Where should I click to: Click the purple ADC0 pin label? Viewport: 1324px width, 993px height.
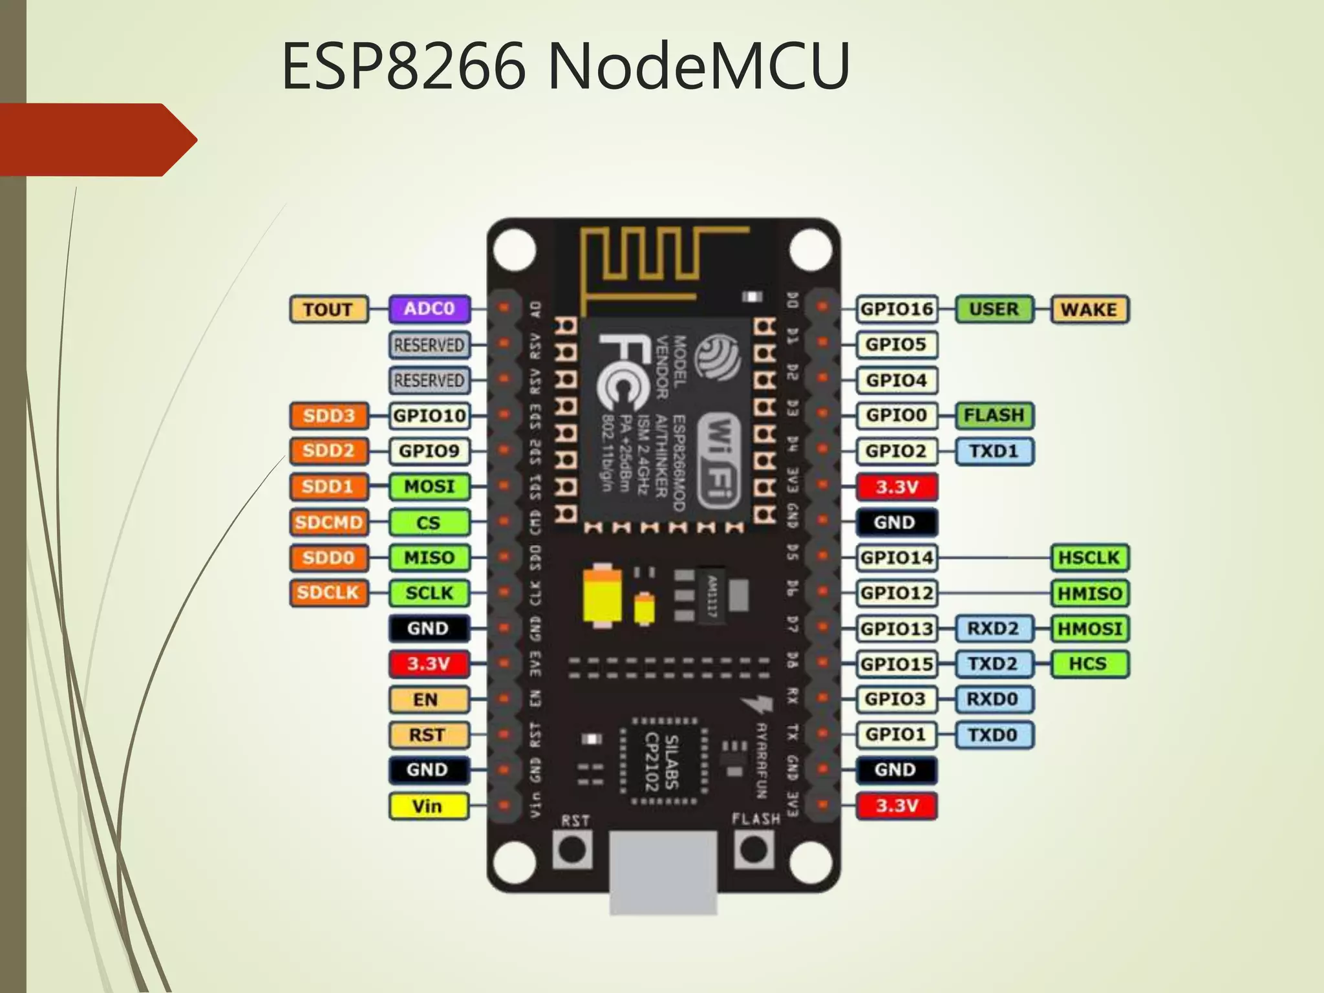pyautogui.click(x=429, y=309)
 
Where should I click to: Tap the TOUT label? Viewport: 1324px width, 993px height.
pyautogui.click(x=328, y=310)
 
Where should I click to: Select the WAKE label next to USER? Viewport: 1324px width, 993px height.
pyautogui.click(x=1089, y=310)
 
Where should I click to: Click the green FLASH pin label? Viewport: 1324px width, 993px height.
pyautogui.click(x=994, y=415)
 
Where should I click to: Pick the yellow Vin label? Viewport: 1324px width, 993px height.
pyautogui.click(x=428, y=806)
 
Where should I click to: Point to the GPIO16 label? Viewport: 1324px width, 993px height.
pyautogui.click(x=897, y=310)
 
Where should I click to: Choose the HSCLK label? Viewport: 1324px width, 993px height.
pyautogui.click(x=1089, y=558)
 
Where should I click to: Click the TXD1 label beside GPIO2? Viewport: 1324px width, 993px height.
pyautogui.click(x=994, y=451)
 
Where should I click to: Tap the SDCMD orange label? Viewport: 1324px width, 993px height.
pyautogui.click(x=328, y=522)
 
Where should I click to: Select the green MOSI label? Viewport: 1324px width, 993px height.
pyautogui.click(x=429, y=487)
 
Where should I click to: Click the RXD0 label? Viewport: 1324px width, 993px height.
pyautogui.click(x=993, y=699)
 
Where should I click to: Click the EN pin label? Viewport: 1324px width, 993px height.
pyautogui.click(x=428, y=699)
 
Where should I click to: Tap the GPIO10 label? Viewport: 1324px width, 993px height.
pyautogui.click(x=429, y=415)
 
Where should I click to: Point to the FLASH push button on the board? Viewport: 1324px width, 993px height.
pyautogui.click(x=754, y=849)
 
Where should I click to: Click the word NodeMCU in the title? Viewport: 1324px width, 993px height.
pyautogui.click(x=698, y=66)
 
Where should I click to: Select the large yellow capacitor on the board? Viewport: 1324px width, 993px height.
pyautogui.click(x=603, y=595)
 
